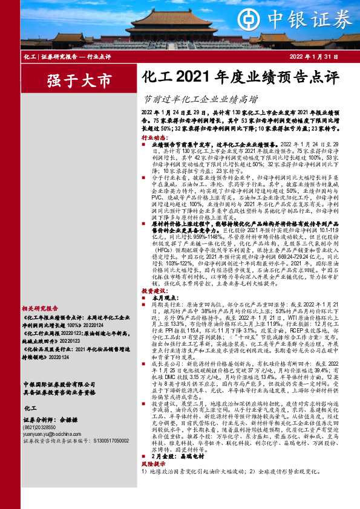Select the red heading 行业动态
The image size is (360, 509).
point(153,138)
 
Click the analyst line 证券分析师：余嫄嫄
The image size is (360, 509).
point(48,420)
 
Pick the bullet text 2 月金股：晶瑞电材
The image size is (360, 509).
point(179,475)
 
